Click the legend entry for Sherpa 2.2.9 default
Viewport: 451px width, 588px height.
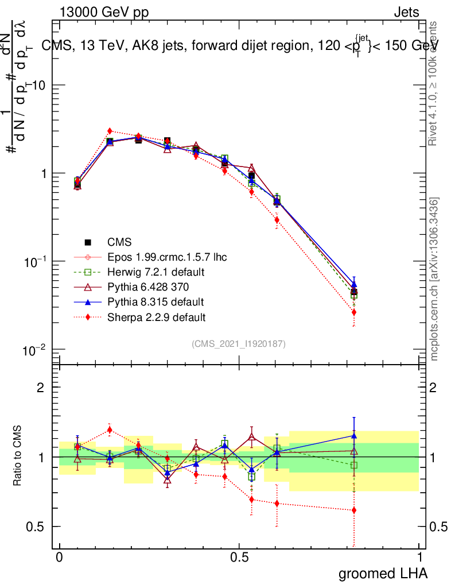coord(157,316)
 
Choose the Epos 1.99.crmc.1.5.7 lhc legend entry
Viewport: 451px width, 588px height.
coord(167,257)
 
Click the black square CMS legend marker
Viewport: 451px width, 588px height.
coord(88,242)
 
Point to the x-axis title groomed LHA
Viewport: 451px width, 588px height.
coord(383,572)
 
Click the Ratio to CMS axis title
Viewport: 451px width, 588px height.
coord(18,455)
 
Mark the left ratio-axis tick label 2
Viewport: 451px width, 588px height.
coord(41,388)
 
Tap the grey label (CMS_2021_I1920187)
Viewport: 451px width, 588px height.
coord(239,343)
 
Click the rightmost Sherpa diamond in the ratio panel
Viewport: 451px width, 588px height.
coord(354,510)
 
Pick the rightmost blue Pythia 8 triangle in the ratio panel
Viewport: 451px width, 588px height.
coord(354,436)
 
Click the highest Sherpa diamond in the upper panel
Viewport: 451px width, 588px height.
coord(110,131)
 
